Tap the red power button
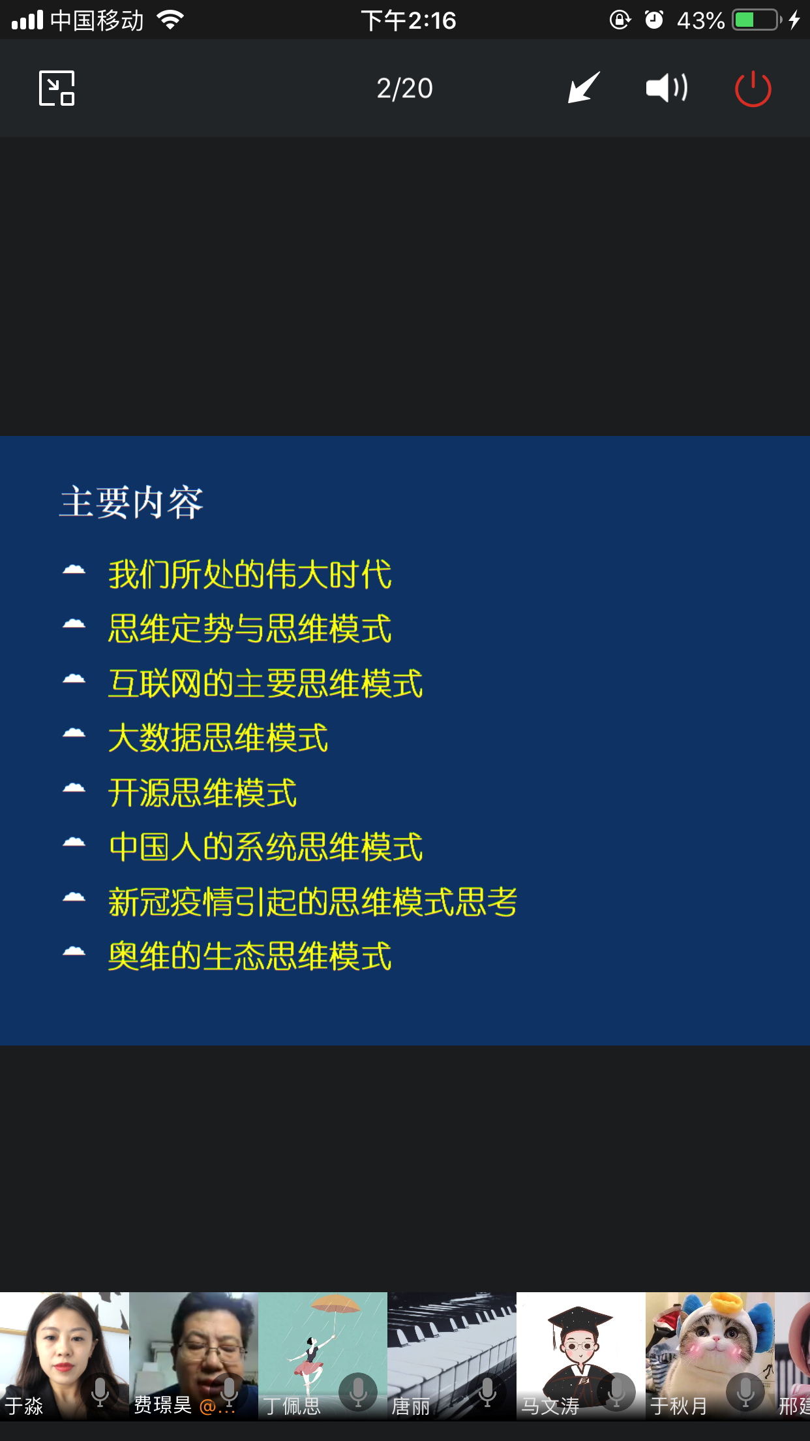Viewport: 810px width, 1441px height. click(753, 89)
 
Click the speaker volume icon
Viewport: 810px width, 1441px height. click(667, 87)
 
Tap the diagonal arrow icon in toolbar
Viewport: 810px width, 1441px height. click(583, 87)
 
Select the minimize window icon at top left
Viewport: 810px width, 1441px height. click(57, 88)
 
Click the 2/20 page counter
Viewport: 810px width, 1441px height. click(404, 89)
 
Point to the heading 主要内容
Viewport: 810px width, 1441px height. click(132, 503)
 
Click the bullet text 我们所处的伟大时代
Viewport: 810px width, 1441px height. click(250, 575)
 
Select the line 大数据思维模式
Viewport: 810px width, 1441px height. click(218, 738)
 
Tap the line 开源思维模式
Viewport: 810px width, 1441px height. click(202, 793)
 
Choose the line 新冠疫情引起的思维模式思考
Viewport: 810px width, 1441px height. click(313, 902)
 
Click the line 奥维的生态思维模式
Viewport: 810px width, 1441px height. click(250, 956)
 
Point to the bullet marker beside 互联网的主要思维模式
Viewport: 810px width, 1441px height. click(74, 679)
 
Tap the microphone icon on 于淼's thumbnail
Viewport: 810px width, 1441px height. click(100, 1391)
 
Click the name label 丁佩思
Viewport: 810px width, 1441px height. click(292, 1406)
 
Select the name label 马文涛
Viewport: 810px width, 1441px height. click(550, 1406)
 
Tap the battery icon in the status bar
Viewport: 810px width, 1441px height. click(757, 20)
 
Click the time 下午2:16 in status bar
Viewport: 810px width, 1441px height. click(409, 21)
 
